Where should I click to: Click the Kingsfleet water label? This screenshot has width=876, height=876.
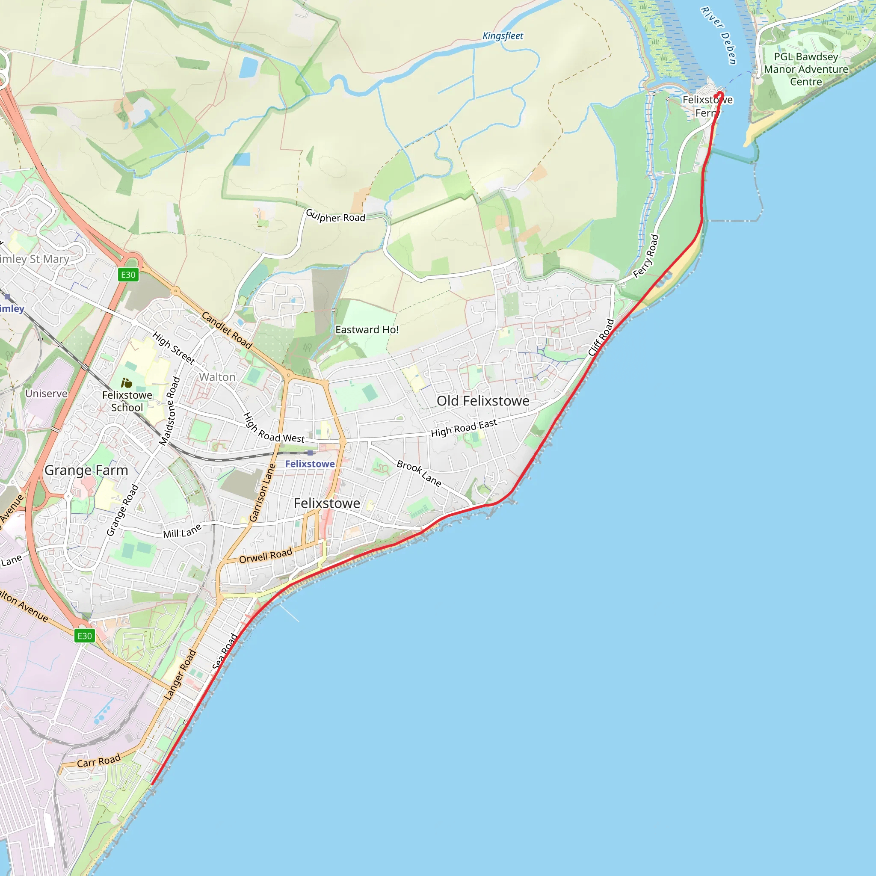[x=503, y=36]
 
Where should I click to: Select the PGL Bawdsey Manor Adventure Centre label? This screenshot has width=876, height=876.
[x=806, y=69]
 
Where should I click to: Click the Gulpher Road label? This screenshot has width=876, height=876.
[x=335, y=216]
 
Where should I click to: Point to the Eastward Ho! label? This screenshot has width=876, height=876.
[x=367, y=330]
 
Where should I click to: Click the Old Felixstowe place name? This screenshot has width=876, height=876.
[x=483, y=401]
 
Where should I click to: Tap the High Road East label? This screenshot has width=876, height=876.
[x=464, y=428]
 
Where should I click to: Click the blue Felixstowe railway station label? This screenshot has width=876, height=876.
[x=310, y=464]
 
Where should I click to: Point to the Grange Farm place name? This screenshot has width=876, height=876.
[x=86, y=470]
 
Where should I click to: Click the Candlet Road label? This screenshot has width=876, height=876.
[x=227, y=330]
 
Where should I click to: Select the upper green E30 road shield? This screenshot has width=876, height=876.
[x=128, y=275]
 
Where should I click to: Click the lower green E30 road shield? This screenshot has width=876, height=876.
[x=84, y=636]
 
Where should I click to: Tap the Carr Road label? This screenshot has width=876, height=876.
[x=98, y=761]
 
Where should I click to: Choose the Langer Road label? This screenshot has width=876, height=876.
[x=180, y=675]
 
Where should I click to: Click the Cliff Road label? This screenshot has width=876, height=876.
[x=601, y=337]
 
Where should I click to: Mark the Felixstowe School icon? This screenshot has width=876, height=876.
[x=127, y=383]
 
